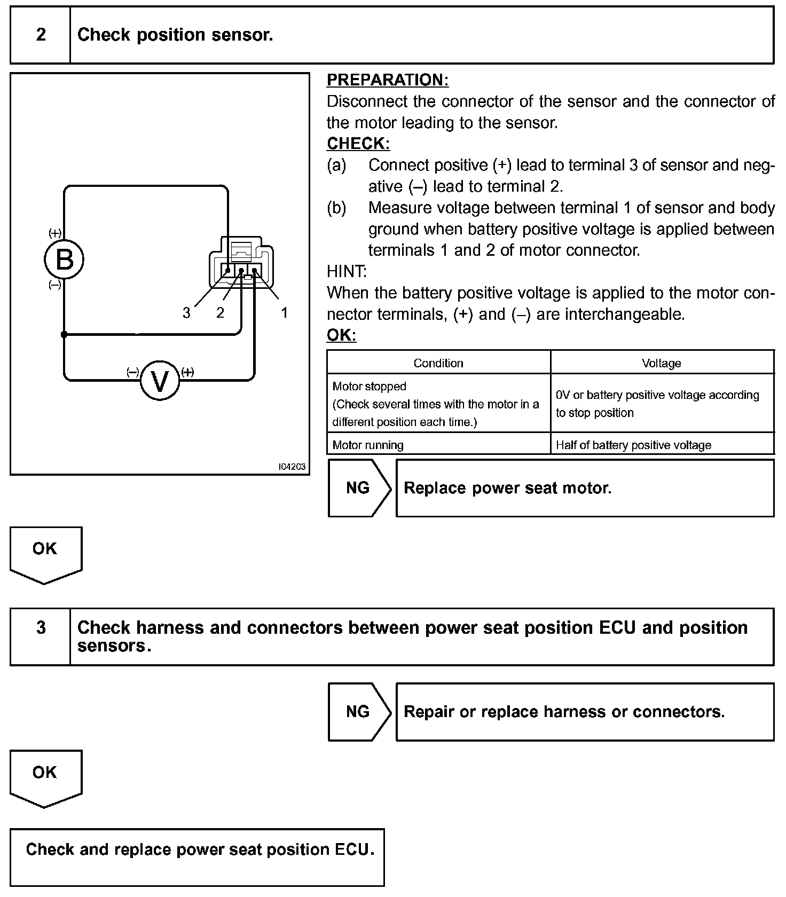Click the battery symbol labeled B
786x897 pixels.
64,261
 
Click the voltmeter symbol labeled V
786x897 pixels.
160,380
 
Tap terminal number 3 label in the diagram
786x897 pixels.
186,313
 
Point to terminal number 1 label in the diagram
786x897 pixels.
285,312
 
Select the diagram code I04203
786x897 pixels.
292,467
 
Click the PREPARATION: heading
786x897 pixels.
388,80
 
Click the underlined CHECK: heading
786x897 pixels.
358,144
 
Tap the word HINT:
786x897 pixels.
347,271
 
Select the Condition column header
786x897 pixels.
438,363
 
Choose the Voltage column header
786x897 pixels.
661,363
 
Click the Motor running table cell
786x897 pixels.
368,445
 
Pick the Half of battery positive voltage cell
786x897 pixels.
633,445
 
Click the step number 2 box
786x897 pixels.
41,35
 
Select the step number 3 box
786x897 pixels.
41,627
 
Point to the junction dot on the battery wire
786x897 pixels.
64,335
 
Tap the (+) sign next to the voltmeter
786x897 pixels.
187,372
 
